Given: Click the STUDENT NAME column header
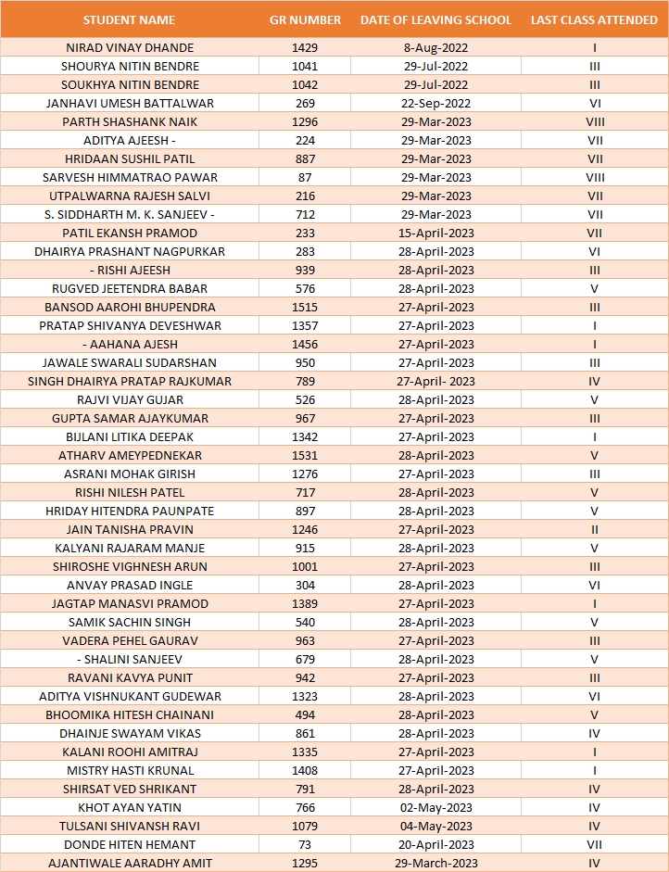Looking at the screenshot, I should pos(129,19).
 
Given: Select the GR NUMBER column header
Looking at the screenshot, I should pos(305,19).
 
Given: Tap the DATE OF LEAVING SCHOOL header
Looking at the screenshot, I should pos(435,19).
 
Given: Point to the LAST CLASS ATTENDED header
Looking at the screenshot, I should pos(594,19).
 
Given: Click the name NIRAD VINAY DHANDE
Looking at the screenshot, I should pos(131,47).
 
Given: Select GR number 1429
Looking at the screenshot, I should pos(305,47).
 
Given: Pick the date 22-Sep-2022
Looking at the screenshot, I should pos(435,103).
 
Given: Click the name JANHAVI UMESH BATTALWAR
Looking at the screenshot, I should pos(130,103).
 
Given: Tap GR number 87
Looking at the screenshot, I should pos(305,177).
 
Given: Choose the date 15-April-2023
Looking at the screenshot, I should pos(435,233).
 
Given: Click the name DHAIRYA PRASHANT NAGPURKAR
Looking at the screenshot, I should pos(130,251).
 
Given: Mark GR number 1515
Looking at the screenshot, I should pos(305,307).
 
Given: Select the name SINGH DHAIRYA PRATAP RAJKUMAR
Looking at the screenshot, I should pos(130,381).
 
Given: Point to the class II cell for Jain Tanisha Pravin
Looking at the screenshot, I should pos(594,529).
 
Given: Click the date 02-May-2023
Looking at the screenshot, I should pos(435,807).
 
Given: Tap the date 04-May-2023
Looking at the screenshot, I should pos(435,826).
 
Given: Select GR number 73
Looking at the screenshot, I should pos(305,844).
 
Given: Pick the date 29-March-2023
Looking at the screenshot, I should pos(435,863).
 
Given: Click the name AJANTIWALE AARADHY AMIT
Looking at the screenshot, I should pos(130,863).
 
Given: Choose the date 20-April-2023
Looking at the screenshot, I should pos(435,844).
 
